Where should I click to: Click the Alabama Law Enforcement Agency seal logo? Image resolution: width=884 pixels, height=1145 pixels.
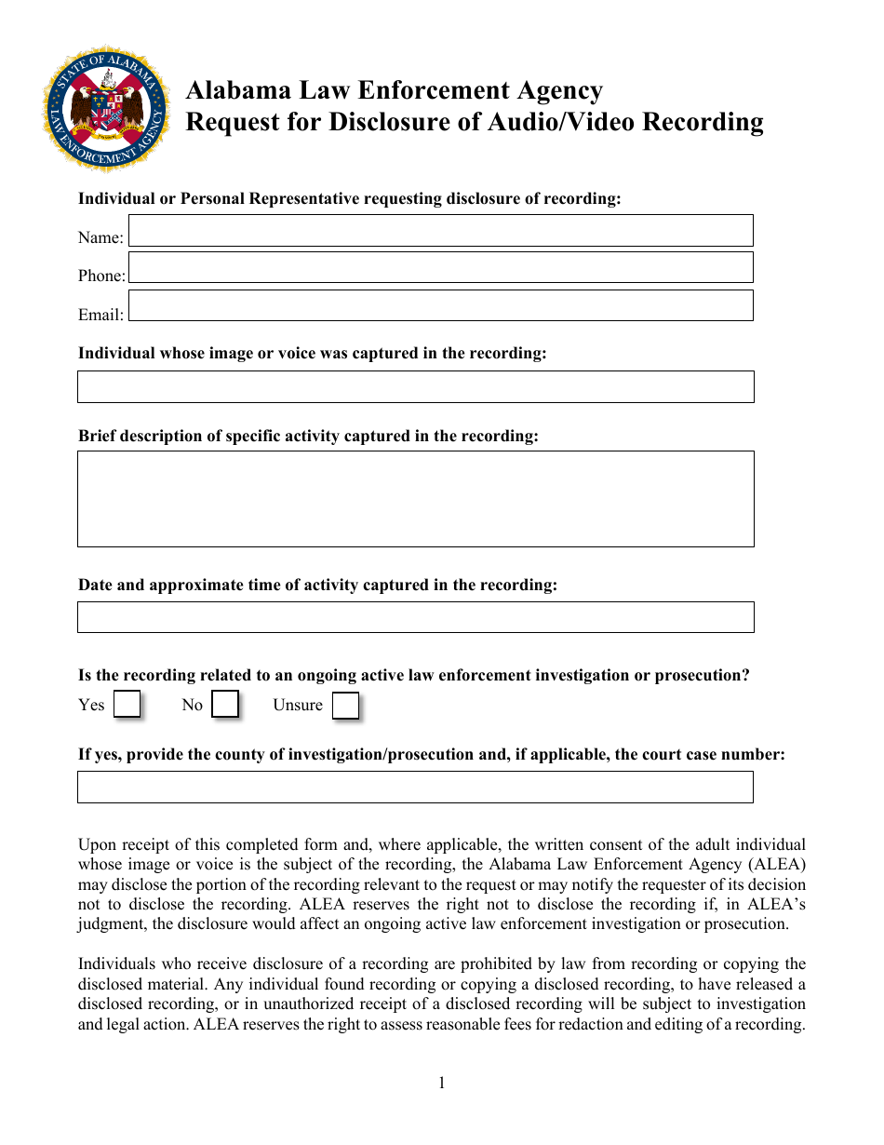107,108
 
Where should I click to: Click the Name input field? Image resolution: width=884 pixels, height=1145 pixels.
440,231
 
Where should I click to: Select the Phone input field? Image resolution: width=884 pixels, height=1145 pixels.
440,268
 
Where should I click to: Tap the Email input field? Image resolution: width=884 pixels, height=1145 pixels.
440,305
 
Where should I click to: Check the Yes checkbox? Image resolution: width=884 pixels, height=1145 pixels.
127,705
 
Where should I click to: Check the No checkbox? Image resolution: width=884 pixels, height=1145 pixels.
225,705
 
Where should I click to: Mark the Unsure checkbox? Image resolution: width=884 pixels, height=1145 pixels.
345,707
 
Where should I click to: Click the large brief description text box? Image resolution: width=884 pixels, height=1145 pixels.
415,499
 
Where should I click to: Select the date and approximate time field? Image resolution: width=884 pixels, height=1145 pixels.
415,617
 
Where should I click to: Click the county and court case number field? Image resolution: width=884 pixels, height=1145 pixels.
415,788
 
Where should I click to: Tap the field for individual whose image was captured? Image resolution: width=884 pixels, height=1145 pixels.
415,387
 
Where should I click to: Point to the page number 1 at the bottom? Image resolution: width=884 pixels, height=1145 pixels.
442,1083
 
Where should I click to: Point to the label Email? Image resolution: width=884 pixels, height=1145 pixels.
100,315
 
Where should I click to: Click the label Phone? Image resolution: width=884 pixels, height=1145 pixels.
101,276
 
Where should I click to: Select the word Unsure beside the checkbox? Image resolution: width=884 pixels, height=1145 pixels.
298,705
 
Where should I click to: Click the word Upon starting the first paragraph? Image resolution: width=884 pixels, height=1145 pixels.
97,845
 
